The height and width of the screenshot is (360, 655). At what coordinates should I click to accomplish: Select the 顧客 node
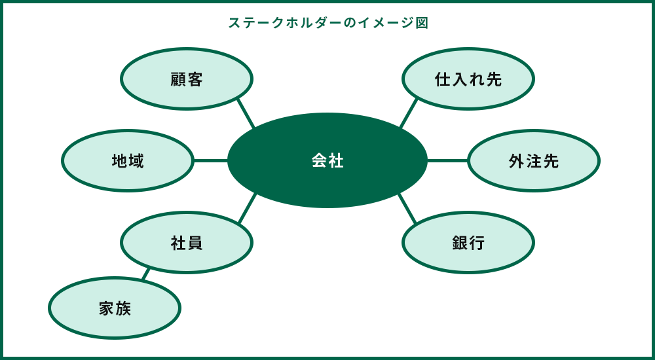(187, 79)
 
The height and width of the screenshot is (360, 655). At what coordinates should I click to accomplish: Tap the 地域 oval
(128, 161)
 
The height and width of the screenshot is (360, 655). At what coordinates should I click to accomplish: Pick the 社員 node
(187, 243)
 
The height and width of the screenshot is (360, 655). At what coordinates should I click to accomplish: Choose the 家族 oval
(115, 308)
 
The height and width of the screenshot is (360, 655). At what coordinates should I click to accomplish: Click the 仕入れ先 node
(468, 79)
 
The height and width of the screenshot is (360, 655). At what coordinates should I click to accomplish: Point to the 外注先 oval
(534, 161)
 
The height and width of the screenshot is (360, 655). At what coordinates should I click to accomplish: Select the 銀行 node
(468, 243)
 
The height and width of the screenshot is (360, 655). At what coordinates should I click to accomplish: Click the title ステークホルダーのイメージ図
(327, 23)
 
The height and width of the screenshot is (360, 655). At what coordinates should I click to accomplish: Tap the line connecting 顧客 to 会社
(246, 113)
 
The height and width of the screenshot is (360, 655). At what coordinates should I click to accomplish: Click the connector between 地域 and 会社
(210, 160)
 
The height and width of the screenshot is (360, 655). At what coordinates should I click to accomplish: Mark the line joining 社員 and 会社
(247, 209)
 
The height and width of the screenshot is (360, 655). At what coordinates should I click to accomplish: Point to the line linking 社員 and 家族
(146, 274)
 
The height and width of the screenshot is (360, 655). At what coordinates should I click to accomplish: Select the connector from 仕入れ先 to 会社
(409, 113)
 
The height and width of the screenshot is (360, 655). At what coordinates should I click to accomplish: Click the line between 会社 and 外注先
(447, 160)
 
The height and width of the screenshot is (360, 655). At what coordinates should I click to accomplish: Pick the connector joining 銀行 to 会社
(407, 209)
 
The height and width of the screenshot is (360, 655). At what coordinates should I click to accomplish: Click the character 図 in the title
(422, 23)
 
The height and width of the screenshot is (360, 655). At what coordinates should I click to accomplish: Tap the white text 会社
(327, 161)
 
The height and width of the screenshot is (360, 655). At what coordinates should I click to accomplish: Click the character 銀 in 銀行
(460, 243)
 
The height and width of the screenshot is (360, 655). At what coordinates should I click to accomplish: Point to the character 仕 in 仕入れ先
(443, 79)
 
